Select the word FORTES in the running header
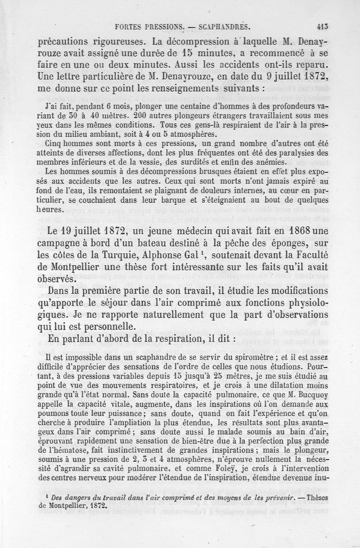(x=131, y=27)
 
